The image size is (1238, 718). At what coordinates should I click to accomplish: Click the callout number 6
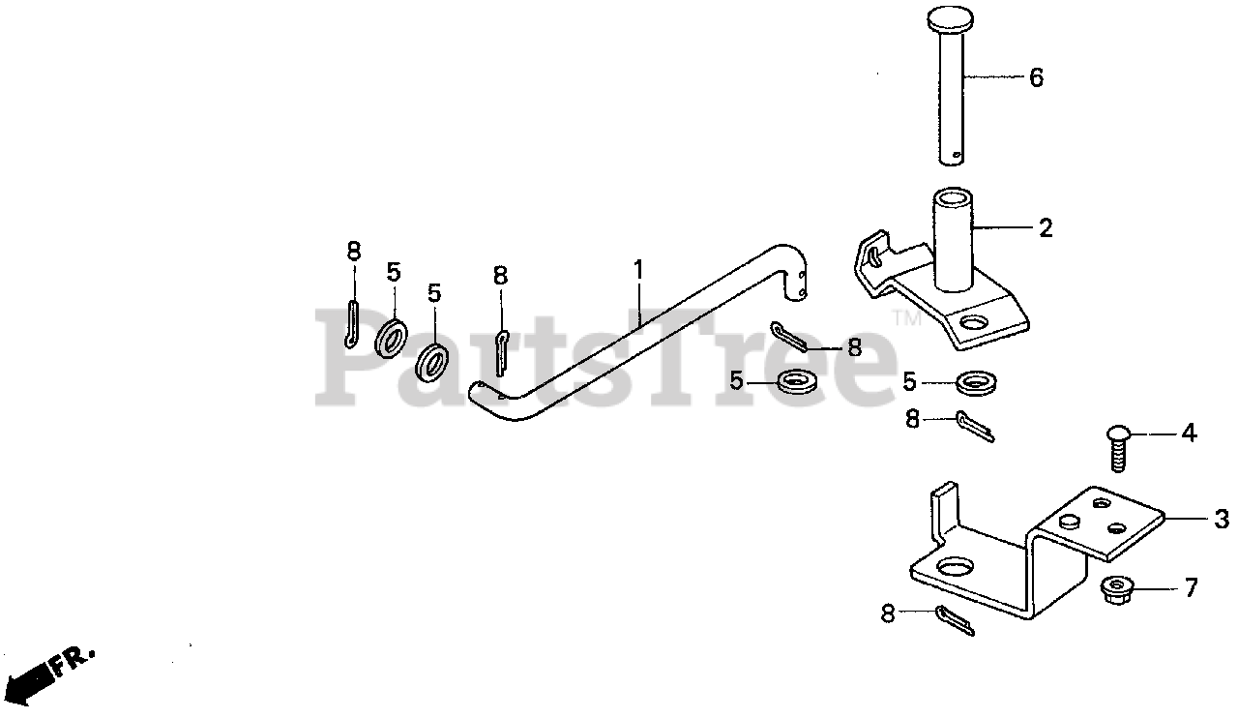1036,78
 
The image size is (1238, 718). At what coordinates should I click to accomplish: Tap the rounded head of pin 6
955,19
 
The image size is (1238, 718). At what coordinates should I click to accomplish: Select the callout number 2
1045,229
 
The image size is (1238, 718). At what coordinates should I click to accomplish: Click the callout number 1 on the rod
638,270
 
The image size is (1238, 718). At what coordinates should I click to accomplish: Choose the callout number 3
1221,519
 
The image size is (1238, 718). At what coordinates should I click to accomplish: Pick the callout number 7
1191,587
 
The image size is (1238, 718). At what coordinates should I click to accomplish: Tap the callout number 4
1189,434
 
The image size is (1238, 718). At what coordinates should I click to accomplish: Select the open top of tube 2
953,197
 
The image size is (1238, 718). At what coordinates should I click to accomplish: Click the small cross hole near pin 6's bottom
958,154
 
